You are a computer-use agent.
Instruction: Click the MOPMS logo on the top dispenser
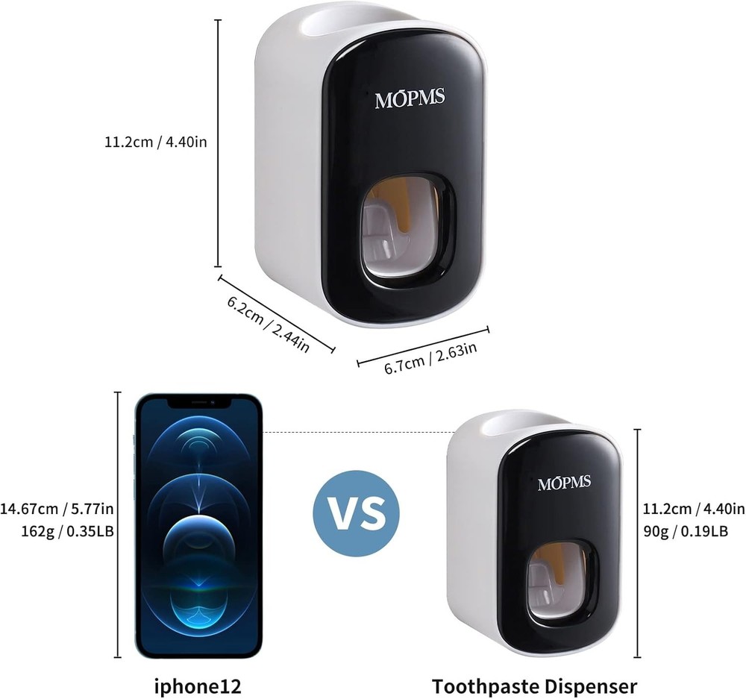tap(410, 98)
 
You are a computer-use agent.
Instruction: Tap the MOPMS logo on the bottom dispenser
tap(564, 483)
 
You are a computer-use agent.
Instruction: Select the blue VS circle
tap(356, 513)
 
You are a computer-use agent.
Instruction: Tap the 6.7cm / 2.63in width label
tap(430, 358)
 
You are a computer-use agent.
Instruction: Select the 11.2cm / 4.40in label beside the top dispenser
tap(156, 142)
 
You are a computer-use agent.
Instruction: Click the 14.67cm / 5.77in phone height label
tap(57, 509)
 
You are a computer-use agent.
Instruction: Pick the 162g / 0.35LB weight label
tap(68, 530)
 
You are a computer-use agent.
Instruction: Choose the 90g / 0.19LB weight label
tap(686, 530)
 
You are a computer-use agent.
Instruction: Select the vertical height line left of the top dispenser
tap(219, 143)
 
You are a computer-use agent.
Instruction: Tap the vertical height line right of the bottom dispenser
tap(636, 543)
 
